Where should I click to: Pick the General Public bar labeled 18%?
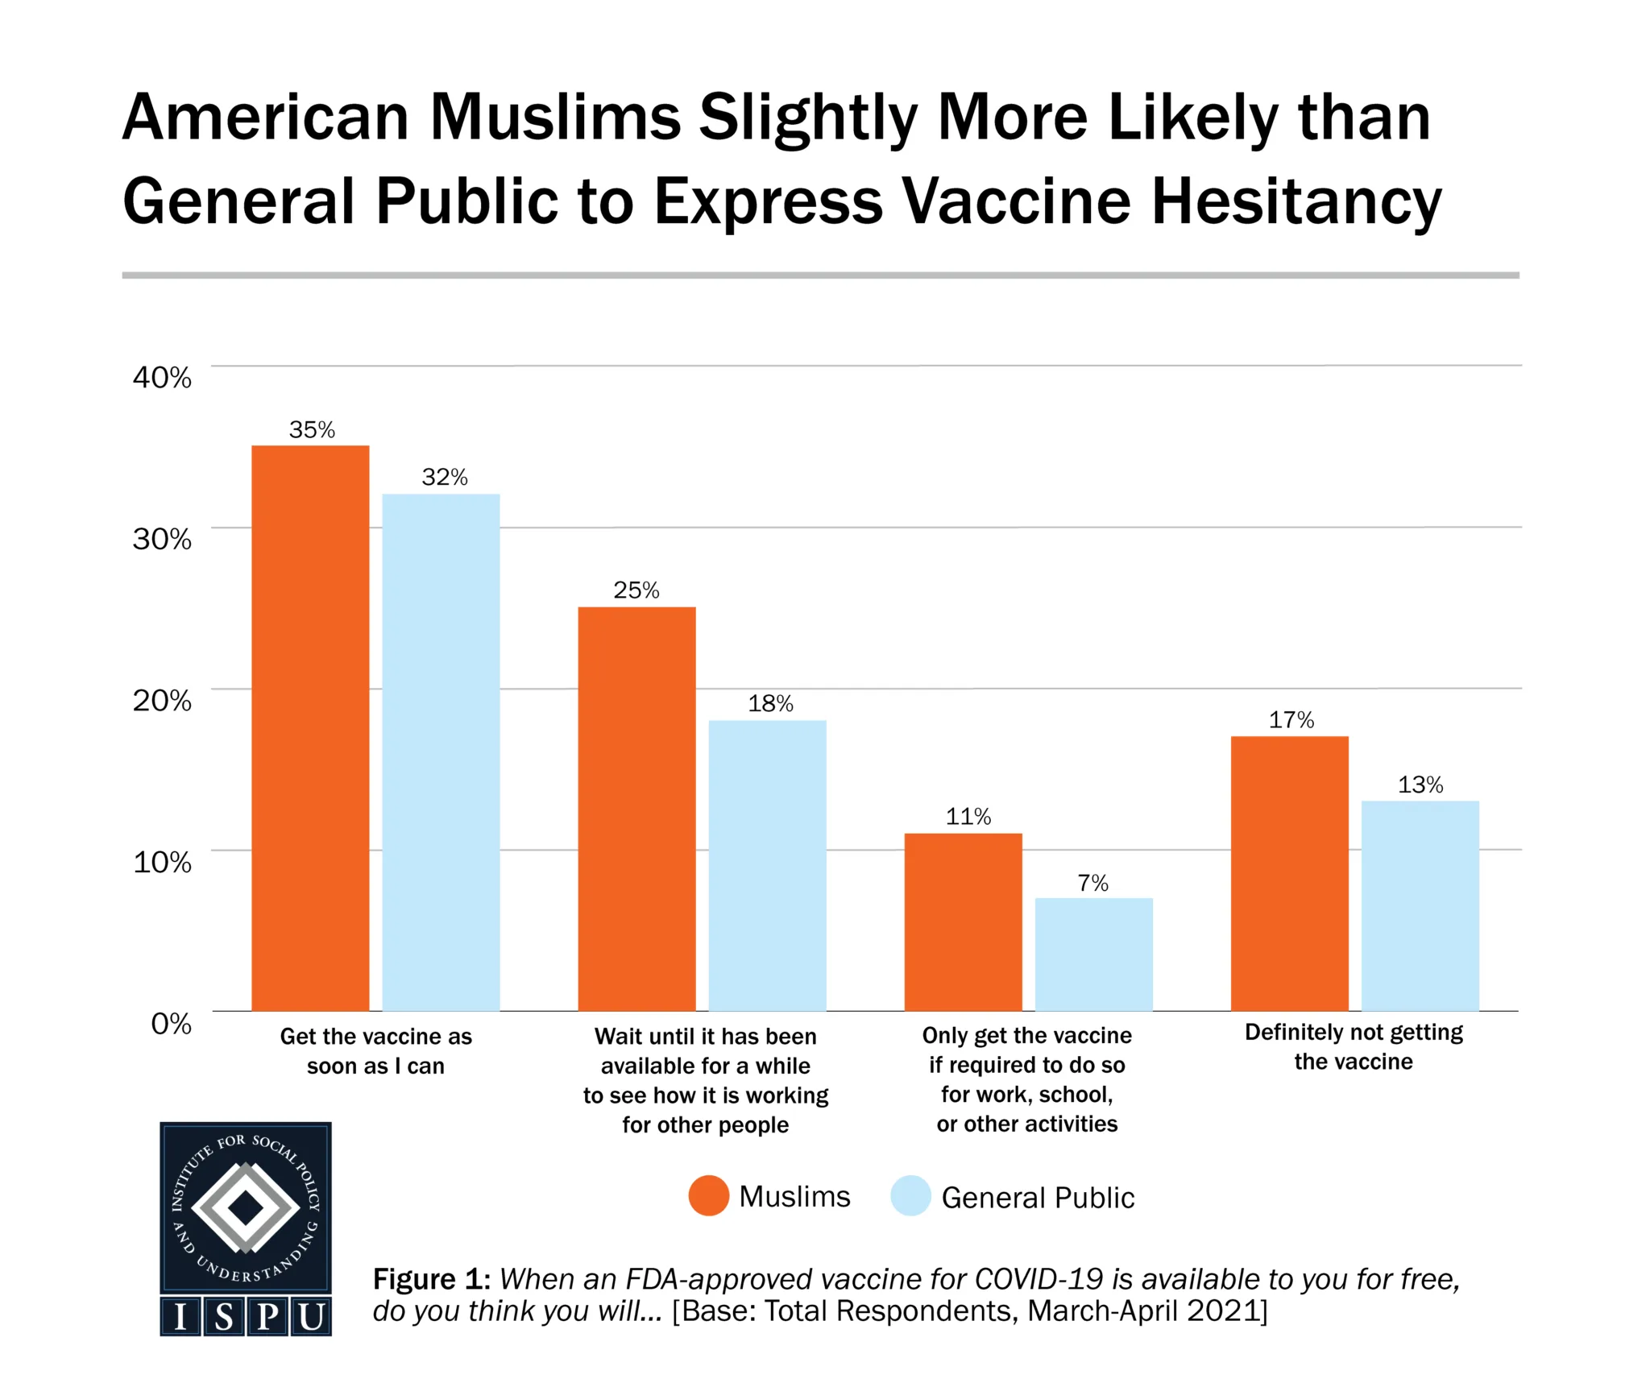[x=767, y=865]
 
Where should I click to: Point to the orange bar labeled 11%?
[x=963, y=921]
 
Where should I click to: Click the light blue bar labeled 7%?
[x=1093, y=954]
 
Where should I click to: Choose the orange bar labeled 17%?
[x=1289, y=873]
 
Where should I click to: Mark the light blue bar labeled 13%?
[x=1420, y=905]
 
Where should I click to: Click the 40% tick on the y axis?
[x=162, y=377]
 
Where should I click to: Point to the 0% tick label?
[x=171, y=1023]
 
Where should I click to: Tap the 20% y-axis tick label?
[x=162, y=700]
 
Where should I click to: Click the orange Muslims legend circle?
[x=708, y=1195]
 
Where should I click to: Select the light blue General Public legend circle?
[x=910, y=1195]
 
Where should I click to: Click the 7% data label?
[x=1093, y=883]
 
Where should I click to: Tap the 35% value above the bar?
[x=312, y=429]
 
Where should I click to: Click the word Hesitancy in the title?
[x=1296, y=201]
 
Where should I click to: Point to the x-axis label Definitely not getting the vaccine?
[x=1354, y=1046]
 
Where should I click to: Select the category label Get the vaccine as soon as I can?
[x=375, y=1050]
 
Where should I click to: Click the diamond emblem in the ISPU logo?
[x=246, y=1207]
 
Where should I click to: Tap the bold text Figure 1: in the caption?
[x=431, y=1279]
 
